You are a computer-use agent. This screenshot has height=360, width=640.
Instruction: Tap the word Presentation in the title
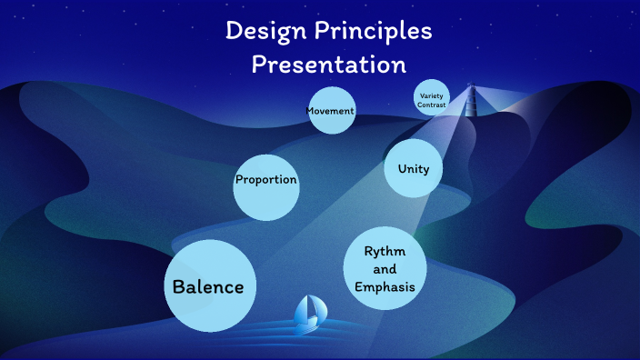328,65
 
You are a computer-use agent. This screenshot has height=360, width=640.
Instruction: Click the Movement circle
330,111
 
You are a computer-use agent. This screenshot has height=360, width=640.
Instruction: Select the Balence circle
209,285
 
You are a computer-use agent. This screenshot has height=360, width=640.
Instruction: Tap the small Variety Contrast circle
432,98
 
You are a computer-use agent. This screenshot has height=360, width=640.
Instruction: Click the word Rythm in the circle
385,251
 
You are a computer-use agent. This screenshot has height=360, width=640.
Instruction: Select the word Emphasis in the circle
385,287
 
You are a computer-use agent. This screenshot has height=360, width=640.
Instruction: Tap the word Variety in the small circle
432,95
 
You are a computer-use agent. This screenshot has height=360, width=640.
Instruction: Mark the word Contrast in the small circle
432,105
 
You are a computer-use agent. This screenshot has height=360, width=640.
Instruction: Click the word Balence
209,287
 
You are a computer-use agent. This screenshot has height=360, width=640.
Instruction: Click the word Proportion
266,180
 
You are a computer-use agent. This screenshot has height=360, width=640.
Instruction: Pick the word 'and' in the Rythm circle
385,269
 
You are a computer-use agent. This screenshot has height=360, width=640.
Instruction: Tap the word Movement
330,111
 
